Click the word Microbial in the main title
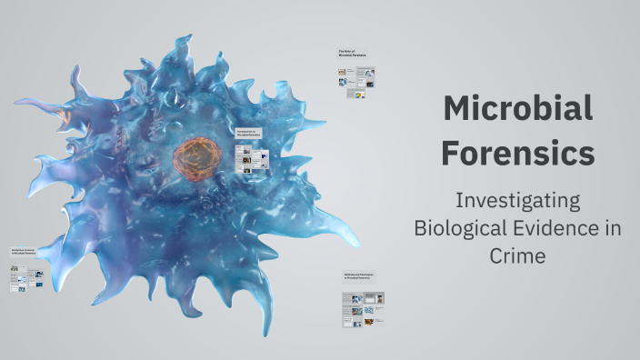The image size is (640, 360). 518,110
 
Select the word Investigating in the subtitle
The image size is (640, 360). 517,199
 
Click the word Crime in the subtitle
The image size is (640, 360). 517,255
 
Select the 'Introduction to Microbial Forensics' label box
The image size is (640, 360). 249,133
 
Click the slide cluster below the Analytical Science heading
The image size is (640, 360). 25,277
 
